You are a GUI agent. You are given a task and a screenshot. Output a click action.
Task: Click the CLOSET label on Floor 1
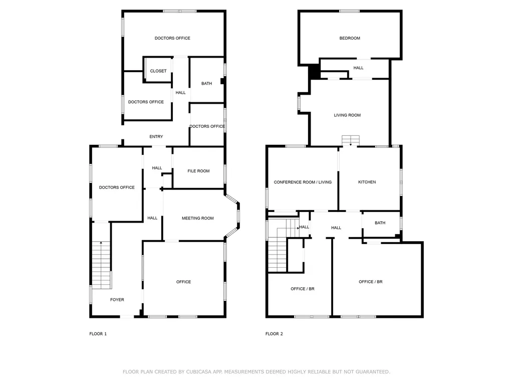pos(158,71)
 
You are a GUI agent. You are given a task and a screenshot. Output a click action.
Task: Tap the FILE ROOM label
pos(198,171)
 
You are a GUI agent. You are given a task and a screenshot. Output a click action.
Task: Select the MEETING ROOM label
pos(197,218)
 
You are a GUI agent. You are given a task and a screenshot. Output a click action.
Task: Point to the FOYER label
pos(117,300)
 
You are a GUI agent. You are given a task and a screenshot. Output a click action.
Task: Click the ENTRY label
pos(156,137)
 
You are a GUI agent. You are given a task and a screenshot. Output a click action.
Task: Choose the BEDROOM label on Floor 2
pos(350,38)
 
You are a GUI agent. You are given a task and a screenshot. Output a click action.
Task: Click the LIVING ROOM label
pos(347,115)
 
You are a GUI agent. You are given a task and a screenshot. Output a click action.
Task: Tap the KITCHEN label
pos(367,182)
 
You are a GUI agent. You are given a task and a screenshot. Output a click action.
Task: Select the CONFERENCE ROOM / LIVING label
pos(303,182)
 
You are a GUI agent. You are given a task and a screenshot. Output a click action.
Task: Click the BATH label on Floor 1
pos(206,84)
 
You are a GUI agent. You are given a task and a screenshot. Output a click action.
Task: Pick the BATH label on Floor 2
pos(380,223)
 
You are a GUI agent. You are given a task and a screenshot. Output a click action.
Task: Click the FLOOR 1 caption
pos(98,334)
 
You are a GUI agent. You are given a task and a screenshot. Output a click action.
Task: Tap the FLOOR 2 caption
pos(274,334)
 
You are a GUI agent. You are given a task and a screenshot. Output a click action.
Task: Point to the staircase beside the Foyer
pos(101,265)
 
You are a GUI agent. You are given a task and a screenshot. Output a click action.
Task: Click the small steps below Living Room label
pos(351,140)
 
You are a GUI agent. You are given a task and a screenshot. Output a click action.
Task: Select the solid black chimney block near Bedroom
pos(314,72)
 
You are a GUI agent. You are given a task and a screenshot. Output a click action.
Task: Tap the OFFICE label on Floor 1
pos(183,282)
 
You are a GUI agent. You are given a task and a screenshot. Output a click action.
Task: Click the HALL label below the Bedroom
pos(358,68)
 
